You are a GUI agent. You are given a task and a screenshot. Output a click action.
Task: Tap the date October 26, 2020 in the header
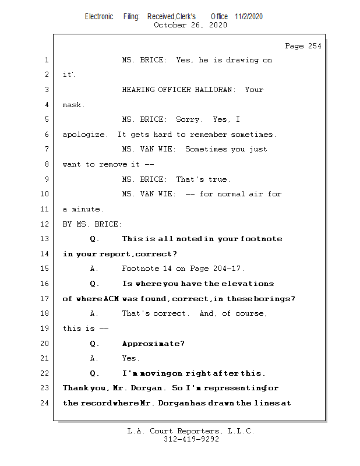190,25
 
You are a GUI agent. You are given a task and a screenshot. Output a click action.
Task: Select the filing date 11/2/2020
249,16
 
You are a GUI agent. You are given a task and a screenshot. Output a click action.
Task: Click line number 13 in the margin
46,239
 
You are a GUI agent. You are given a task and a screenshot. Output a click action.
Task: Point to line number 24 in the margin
46,403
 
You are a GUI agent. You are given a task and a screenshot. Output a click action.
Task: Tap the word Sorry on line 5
189,119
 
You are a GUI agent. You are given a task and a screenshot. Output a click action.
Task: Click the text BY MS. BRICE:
93,224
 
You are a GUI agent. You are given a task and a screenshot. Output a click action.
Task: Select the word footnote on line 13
260,239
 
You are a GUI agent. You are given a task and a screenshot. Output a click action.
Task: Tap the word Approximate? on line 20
153,343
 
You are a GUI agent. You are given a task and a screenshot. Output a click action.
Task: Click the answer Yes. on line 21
130,358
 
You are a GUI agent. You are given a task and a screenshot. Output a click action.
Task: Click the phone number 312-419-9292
191,439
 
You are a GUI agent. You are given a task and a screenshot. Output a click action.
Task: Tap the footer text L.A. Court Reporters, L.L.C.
191,431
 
